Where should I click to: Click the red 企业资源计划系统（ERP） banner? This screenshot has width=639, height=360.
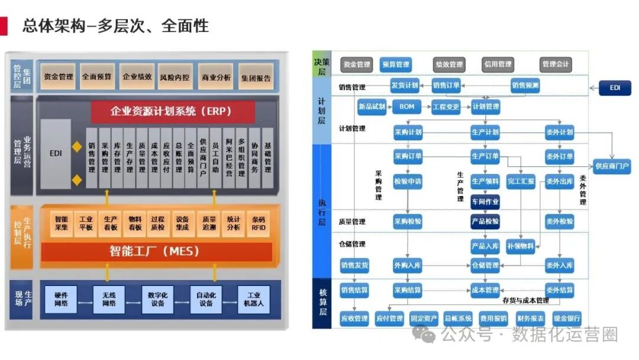[172, 111]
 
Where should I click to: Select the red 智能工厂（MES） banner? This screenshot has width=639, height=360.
[155, 251]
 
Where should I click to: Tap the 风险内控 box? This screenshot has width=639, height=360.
[175, 77]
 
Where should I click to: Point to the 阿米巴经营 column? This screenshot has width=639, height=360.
[228, 157]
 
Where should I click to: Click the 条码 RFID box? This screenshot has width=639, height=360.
[258, 223]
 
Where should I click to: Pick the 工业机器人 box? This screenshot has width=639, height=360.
[254, 299]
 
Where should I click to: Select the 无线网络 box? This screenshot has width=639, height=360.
[109, 299]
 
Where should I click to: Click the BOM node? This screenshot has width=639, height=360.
[406, 107]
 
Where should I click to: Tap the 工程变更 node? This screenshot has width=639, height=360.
[446, 107]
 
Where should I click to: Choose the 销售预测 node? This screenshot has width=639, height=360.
[525, 86]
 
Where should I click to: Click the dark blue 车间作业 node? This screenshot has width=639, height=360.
[485, 201]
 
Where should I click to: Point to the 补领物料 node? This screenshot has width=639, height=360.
[521, 246]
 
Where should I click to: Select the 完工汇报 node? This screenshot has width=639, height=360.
[521, 182]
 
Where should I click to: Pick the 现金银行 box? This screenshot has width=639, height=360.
[567, 319]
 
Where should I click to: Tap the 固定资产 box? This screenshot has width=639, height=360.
[424, 319]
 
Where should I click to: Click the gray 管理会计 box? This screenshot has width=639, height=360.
[555, 65]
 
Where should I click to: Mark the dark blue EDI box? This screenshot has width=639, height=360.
[615, 88]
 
